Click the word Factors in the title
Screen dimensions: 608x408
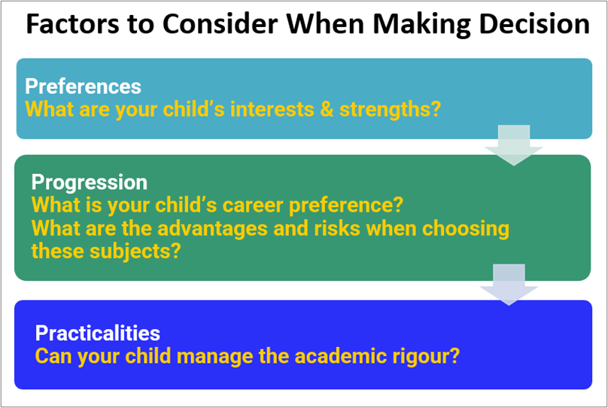tap(73, 24)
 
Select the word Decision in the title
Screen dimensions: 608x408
tap(534, 24)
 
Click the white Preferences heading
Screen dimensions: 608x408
tap(83, 86)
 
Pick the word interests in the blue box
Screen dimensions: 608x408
tap(272, 109)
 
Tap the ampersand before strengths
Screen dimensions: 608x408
tap(327, 109)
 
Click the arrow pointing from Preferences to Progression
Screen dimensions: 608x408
tap(514, 145)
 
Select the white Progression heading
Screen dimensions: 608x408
tap(90, 183)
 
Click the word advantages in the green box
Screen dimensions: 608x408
tap(212, 228)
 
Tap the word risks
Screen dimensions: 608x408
tap(337, 228)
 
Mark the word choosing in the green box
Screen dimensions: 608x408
tap(466, 229)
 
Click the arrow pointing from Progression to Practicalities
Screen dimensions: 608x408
tap(509, 285)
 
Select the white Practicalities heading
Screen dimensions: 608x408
tap(98, 333)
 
